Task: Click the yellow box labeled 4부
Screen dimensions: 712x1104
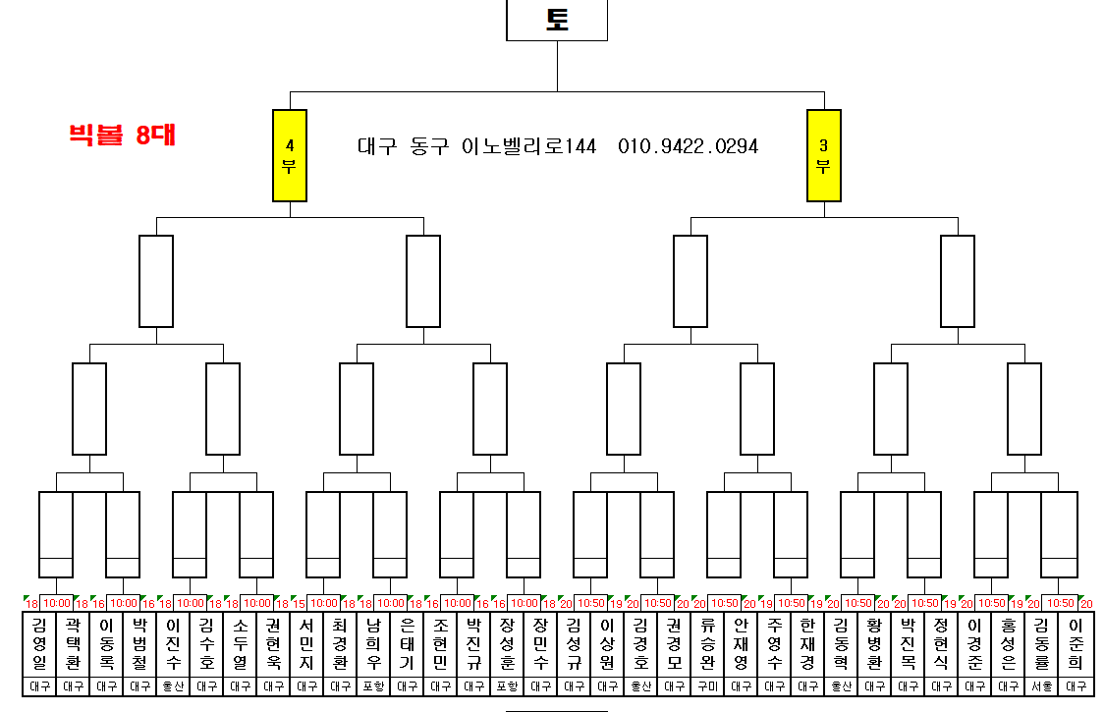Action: tap(290, 155)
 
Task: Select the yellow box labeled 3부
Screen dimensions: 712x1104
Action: tap(824, 155)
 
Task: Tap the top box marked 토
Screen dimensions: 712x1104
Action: tap(557, 20)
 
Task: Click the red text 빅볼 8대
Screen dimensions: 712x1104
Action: tap(122, 136)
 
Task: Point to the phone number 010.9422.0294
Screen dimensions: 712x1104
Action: tap(688, 146)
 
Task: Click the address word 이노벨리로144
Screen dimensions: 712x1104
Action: tap(528, 146)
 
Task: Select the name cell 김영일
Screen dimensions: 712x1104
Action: tap(39, 643)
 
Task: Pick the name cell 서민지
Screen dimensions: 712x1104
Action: tap(306, 643)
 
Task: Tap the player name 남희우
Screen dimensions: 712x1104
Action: tap(373, 643)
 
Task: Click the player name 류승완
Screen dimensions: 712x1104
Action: tap(707, 643)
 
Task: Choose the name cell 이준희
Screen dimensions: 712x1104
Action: tap(1076, 643)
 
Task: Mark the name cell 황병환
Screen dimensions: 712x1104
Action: tap(874, 643)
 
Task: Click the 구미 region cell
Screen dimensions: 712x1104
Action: tap(707, 686)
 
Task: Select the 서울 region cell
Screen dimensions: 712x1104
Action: tap(1042, 686)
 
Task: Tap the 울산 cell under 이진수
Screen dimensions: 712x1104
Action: tap(173, 686)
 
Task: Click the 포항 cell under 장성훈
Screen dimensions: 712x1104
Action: tap(507, 686)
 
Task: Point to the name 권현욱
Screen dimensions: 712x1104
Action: tap(273, 643)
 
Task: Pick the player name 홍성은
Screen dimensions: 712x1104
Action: tap(1008, 643)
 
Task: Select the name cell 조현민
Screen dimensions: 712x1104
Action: tap(440, 643)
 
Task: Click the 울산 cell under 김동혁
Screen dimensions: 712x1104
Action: tap(841, 686)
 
